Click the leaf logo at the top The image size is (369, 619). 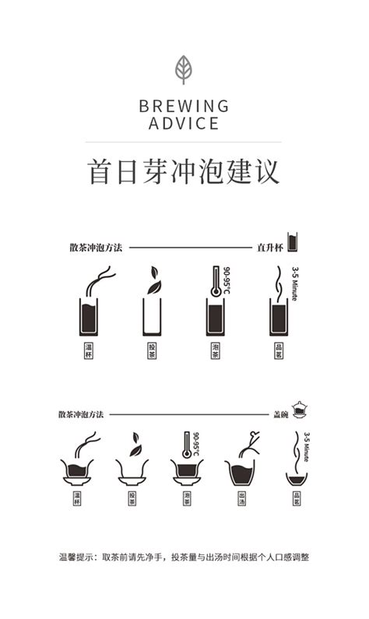click(184, 69)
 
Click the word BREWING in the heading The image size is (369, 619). click(184, 106)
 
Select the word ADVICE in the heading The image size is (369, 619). click(184, 124)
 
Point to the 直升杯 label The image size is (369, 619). click(269, 248)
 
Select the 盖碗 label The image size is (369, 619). click(280, 415)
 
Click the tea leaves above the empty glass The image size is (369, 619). click(153, 280)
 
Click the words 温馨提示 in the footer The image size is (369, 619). click(77, 557)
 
